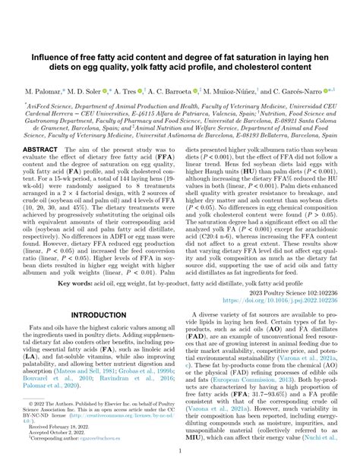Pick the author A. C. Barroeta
[x=175, y=90]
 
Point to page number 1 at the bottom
[x=180, y=450]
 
